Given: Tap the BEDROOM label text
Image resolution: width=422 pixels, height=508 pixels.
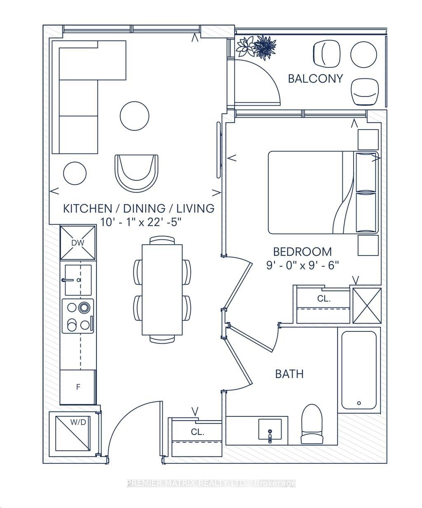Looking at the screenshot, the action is pos(302,252).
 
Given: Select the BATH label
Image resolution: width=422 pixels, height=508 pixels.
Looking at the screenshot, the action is pos(289,374).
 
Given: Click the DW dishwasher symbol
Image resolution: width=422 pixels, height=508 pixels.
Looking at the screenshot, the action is pos(78,243).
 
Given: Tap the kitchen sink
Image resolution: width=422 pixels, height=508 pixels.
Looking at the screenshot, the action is pos(78,280).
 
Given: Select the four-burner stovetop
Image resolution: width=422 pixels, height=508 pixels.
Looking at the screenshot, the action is pos(78,316).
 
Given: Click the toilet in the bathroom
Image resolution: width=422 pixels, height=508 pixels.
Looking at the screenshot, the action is pos(312,424).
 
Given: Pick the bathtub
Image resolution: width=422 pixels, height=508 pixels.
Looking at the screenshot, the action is pos(359,370).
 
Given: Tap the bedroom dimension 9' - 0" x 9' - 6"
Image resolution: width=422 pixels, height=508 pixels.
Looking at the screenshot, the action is pos(302,265).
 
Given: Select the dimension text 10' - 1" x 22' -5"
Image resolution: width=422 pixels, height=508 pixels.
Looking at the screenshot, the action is pos(141,222).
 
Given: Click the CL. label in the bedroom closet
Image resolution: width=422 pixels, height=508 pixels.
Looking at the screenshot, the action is pos(324,299).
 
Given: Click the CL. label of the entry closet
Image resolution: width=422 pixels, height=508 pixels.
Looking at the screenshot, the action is pos(197,432).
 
